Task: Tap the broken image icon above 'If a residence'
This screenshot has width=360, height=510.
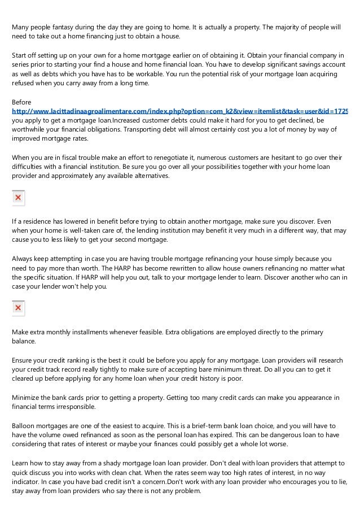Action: pos(18,198)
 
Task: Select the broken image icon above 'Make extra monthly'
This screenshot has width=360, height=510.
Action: pos(18,308)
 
